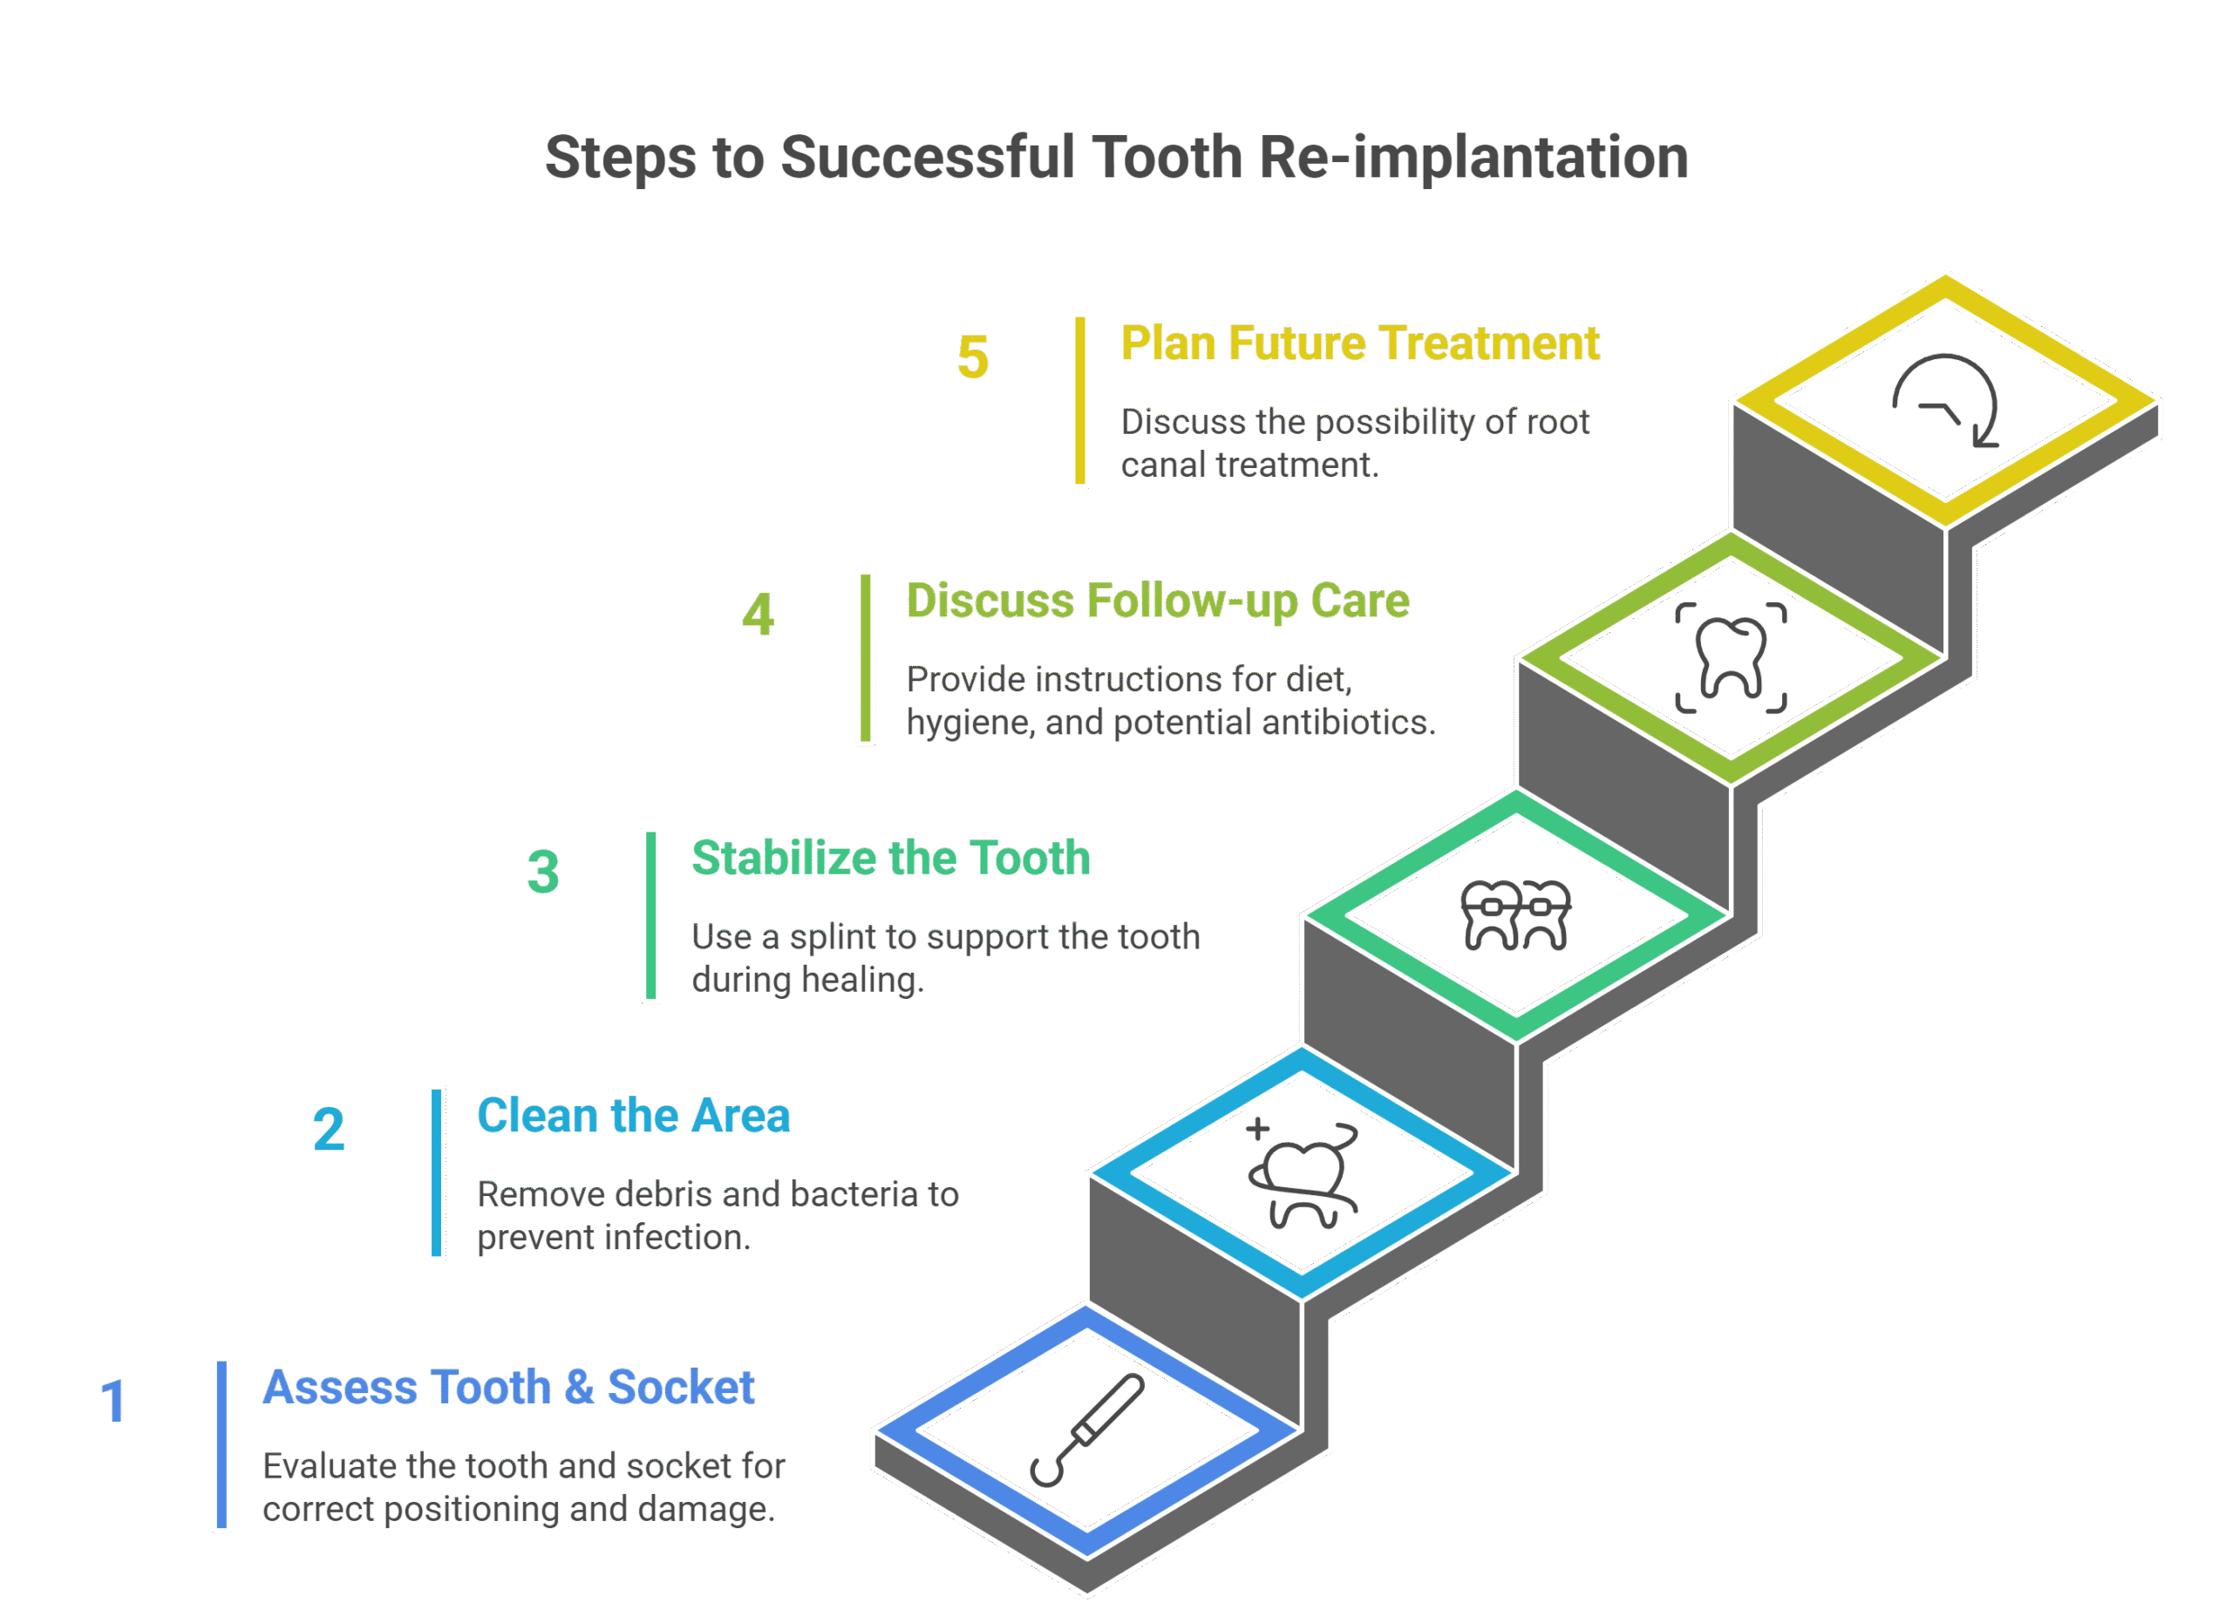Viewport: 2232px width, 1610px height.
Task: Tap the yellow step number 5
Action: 972,357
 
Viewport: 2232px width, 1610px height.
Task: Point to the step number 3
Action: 543,872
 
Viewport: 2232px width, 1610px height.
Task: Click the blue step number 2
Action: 329,1129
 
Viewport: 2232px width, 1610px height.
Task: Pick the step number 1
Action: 114,1401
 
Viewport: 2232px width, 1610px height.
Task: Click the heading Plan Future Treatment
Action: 1359,343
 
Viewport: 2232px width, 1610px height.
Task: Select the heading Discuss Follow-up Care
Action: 1157,601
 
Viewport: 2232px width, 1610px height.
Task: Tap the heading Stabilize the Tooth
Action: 891,858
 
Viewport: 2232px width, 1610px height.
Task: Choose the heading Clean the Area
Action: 633,1116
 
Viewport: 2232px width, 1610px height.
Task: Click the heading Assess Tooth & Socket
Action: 507,1388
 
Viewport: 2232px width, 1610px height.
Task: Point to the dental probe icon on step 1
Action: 1086,1430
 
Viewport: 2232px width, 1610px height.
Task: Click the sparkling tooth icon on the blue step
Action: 1302,1174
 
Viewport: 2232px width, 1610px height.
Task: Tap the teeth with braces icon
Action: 1515,915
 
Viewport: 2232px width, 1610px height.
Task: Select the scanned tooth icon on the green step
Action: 1731,657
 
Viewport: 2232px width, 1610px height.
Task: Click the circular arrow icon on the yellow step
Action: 1946,402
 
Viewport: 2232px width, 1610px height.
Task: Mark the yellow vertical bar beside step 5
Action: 1079,399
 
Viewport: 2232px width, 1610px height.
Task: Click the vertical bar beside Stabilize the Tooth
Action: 650,915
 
